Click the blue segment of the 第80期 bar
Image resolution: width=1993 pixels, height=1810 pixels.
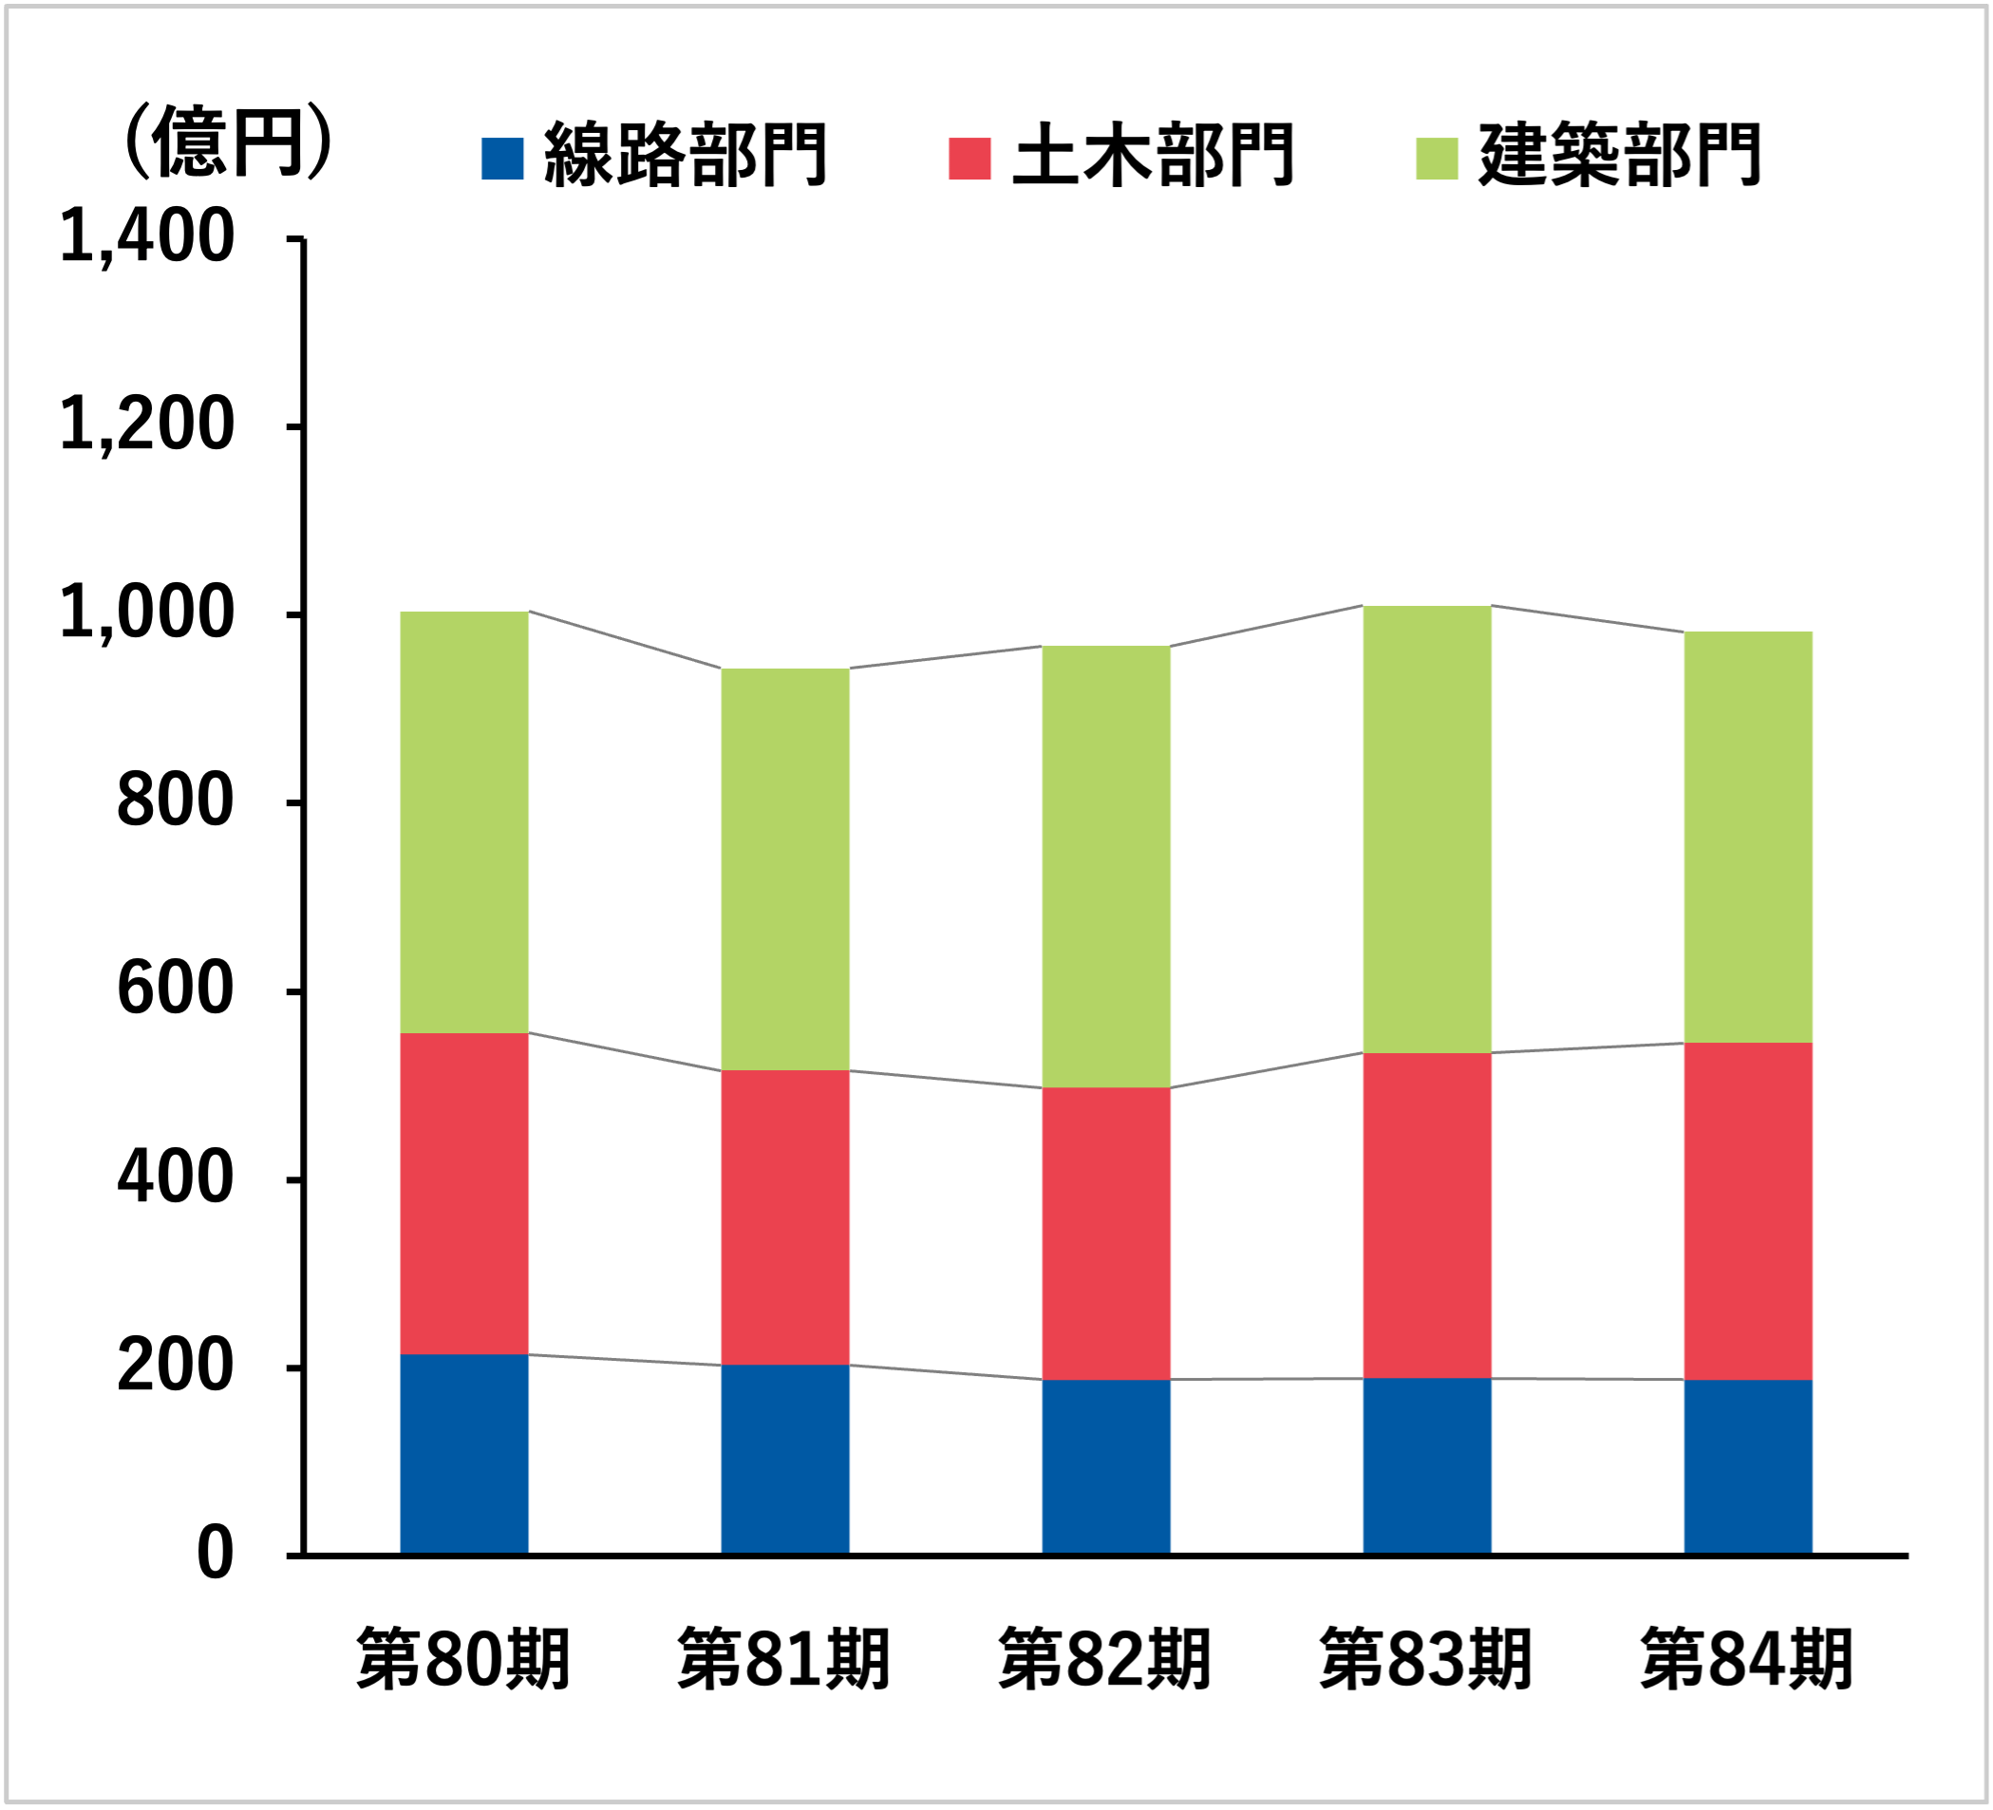463,1454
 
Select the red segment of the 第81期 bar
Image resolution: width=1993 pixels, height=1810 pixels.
785,1216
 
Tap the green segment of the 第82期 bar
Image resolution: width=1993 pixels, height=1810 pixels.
1106,867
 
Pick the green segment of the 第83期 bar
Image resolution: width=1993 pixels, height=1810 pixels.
1426,829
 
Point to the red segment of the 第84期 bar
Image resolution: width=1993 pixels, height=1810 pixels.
1748,1211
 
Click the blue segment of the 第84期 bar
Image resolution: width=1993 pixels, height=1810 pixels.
1748,1467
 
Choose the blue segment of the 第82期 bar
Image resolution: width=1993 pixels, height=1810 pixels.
1106,1467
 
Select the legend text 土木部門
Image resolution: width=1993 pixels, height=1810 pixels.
1153,156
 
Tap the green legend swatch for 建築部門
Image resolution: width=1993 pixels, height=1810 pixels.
1437,160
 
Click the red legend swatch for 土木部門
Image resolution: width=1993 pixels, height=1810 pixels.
968,160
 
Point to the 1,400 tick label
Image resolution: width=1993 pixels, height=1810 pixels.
146,238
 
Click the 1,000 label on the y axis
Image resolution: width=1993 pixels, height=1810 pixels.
146,613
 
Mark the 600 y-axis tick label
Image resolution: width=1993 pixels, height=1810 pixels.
174,990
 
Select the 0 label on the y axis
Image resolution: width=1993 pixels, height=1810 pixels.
215,1555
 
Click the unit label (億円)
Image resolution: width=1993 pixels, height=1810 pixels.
226,143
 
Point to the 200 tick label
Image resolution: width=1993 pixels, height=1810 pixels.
174,1367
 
